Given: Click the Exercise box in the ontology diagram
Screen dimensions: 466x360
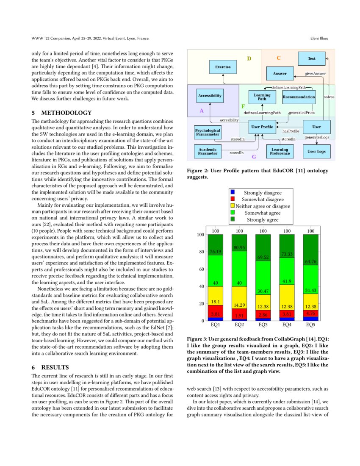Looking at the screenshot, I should [x=223, y=67].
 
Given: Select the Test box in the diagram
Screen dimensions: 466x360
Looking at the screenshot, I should [x=311, y=58].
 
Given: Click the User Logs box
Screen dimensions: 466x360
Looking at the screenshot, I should [x=316, y=151].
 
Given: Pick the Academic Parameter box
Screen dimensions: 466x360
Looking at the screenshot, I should [x=208, y=151].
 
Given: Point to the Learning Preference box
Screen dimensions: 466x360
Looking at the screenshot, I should [x=280, y=151].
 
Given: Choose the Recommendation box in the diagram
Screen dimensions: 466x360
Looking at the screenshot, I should [x=299, y=97].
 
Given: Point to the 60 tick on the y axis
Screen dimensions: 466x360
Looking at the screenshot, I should [x=201, y=269].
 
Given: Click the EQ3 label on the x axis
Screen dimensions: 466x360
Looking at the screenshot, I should [x=263, y=325].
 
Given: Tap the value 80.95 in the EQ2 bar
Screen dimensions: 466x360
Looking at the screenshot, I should [x=239, y=247].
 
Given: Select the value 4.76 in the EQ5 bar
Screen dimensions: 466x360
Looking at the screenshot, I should [x=311, y=313].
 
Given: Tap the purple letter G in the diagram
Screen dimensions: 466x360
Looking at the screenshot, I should [x=254, y=157].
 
